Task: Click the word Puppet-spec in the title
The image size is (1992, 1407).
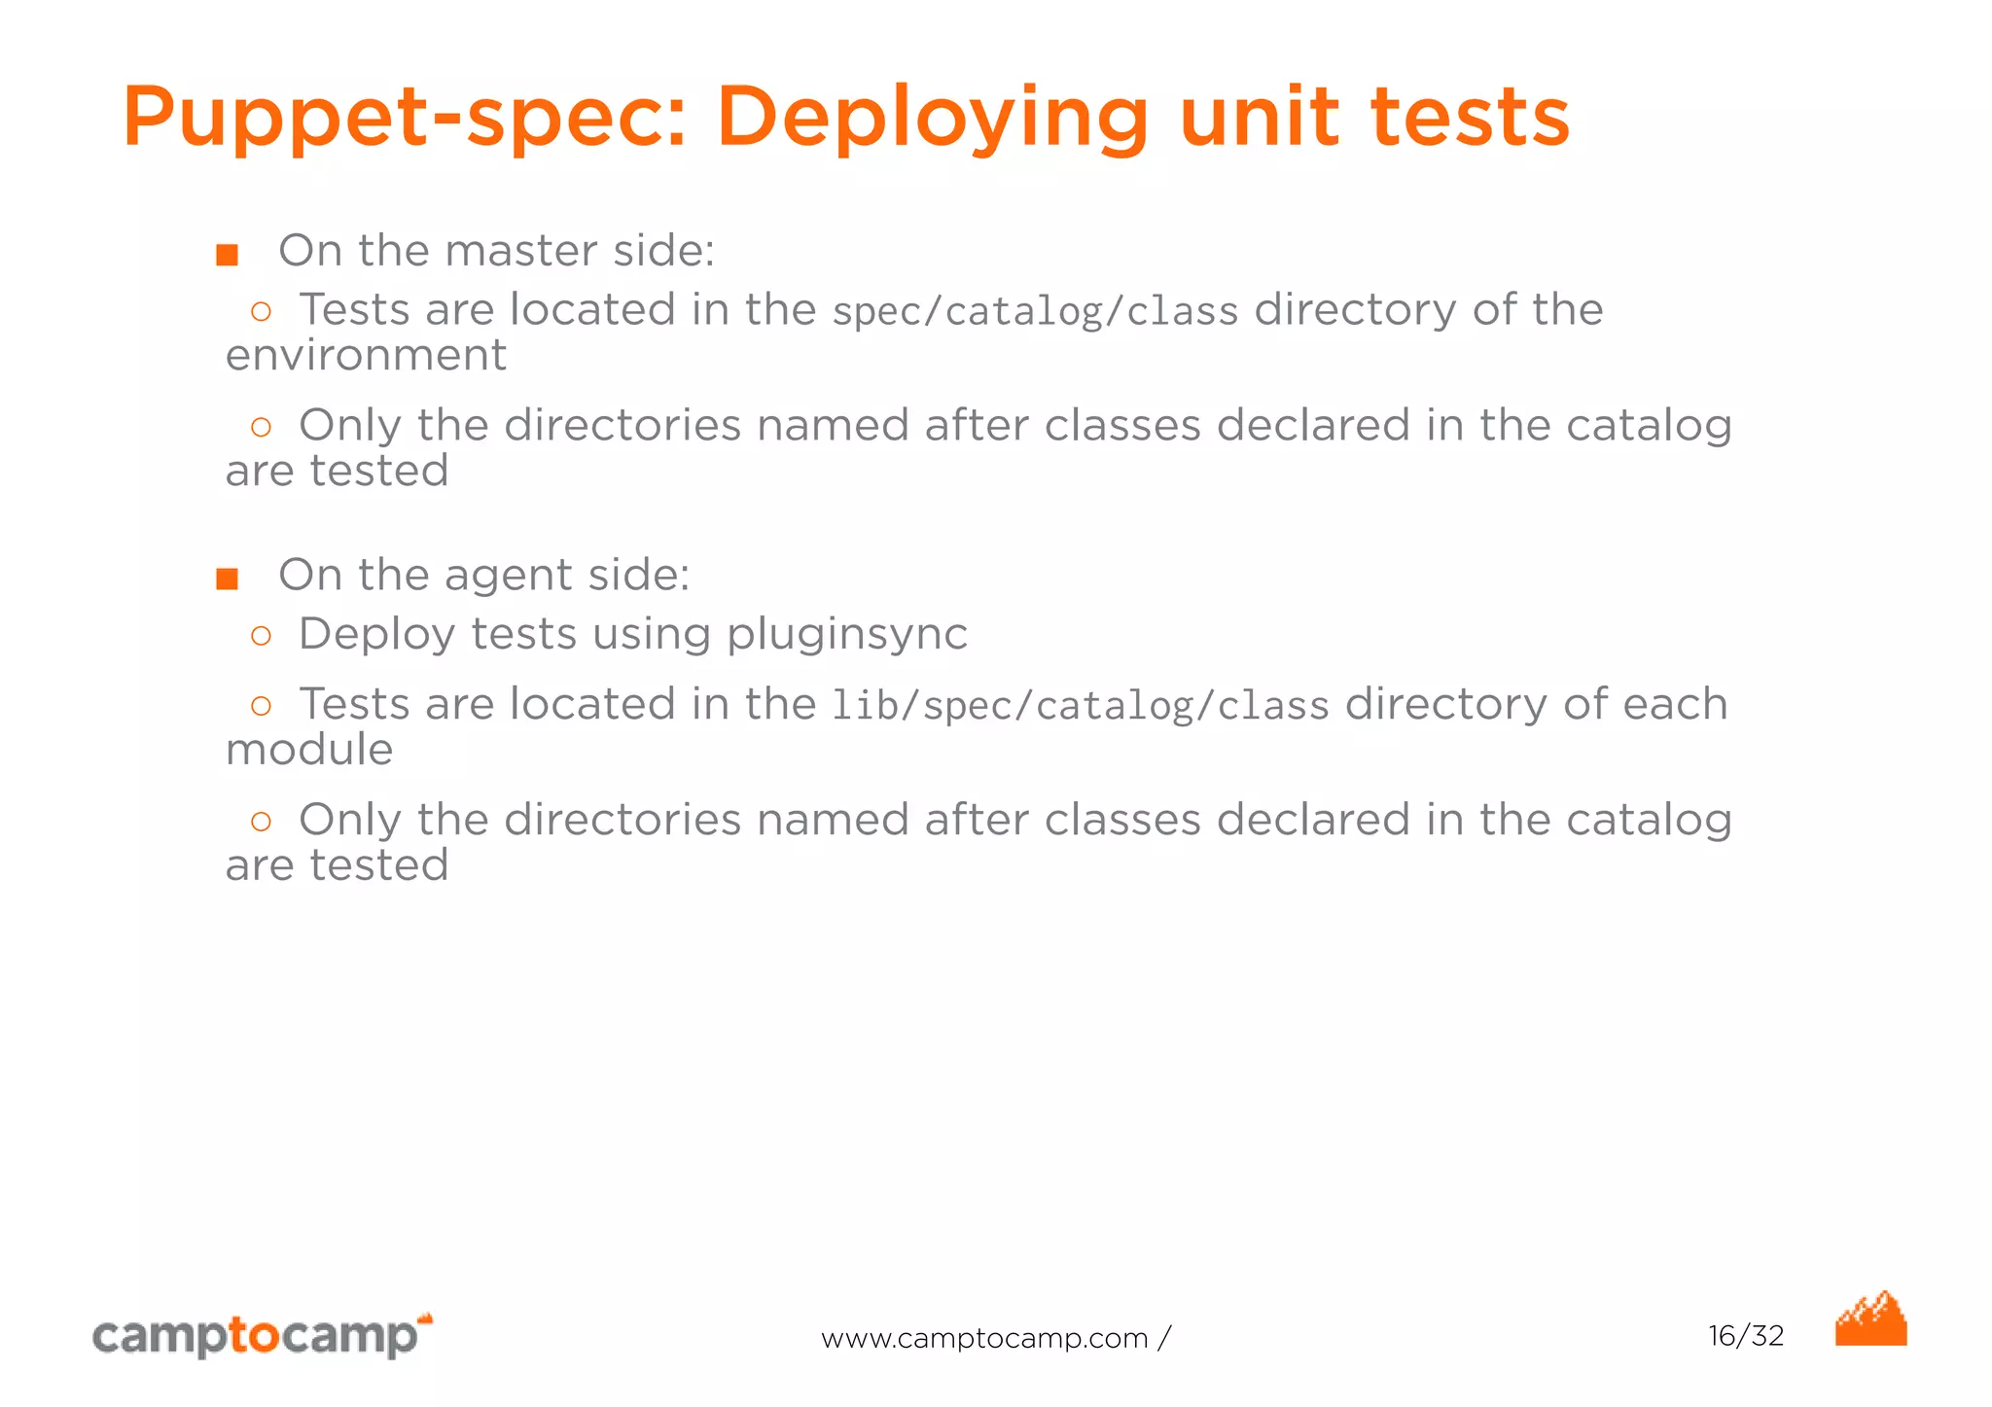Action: click(404, 119)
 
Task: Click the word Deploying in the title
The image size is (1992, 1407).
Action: click(933, 119)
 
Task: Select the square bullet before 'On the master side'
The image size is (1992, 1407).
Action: click(227, 255)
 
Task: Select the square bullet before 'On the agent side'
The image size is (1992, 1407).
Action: click(227, 580)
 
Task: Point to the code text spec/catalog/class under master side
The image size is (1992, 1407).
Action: click(1035, 312)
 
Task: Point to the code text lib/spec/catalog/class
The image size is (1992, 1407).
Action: click(1080, 706)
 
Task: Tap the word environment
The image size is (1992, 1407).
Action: click(366, 356)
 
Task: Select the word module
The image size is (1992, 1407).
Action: click(309, 750)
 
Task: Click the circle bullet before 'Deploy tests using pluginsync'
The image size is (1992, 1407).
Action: click(261, 636)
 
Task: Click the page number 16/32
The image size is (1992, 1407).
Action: click(1746, 1336)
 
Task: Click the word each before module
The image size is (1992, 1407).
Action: click(1674, 704)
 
